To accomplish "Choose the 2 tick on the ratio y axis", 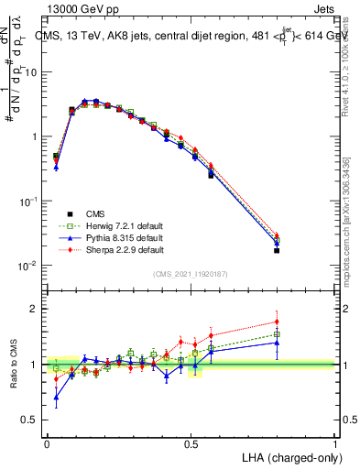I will [x=34, y=309].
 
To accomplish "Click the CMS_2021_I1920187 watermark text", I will [x=191, y=273].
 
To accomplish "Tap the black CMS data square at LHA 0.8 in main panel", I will [x=277, y=250].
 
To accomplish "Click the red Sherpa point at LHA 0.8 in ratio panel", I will [x=277, y=322].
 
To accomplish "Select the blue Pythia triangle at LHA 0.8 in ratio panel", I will [x=277, y=343].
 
